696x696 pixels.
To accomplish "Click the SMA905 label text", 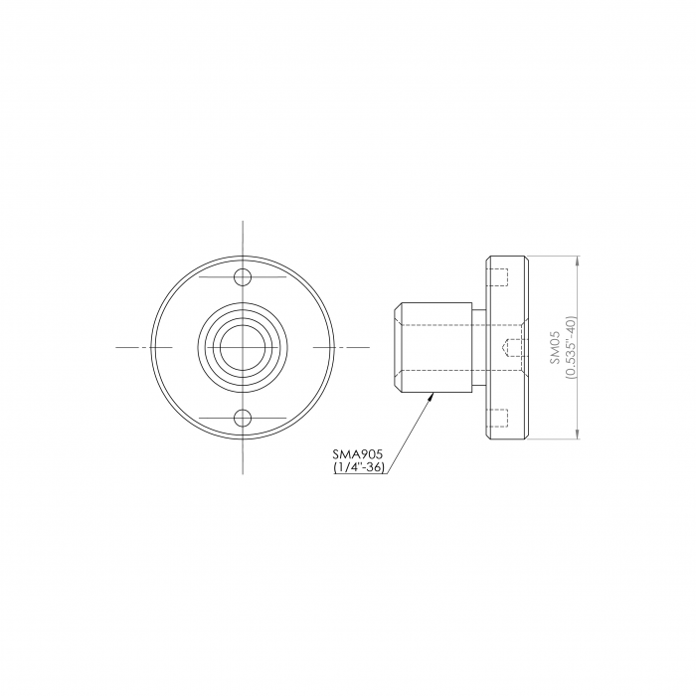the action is click(357, 454).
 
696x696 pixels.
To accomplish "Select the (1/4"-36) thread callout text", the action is click(359, 467).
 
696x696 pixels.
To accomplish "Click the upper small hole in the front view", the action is click(243, 277).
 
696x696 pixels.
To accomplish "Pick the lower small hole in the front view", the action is click(243, 419).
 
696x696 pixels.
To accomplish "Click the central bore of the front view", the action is click(243, 347).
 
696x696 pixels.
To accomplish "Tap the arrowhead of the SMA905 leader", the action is click(431, 398).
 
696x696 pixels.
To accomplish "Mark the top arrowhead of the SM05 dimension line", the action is click(577, 261).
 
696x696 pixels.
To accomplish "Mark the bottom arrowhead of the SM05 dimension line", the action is click(577, 434).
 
